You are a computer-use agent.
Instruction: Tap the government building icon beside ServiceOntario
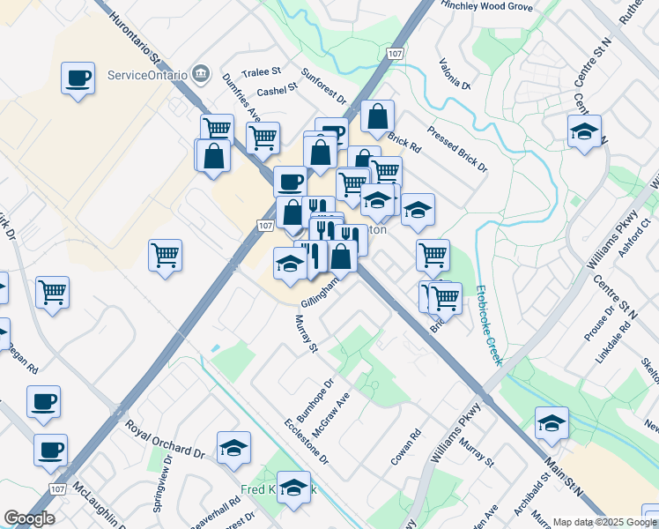(203, 72)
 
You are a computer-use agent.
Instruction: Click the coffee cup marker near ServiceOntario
(78, 78)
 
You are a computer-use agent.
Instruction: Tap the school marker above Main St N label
(552, 424)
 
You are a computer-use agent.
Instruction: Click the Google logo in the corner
(29, 518)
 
